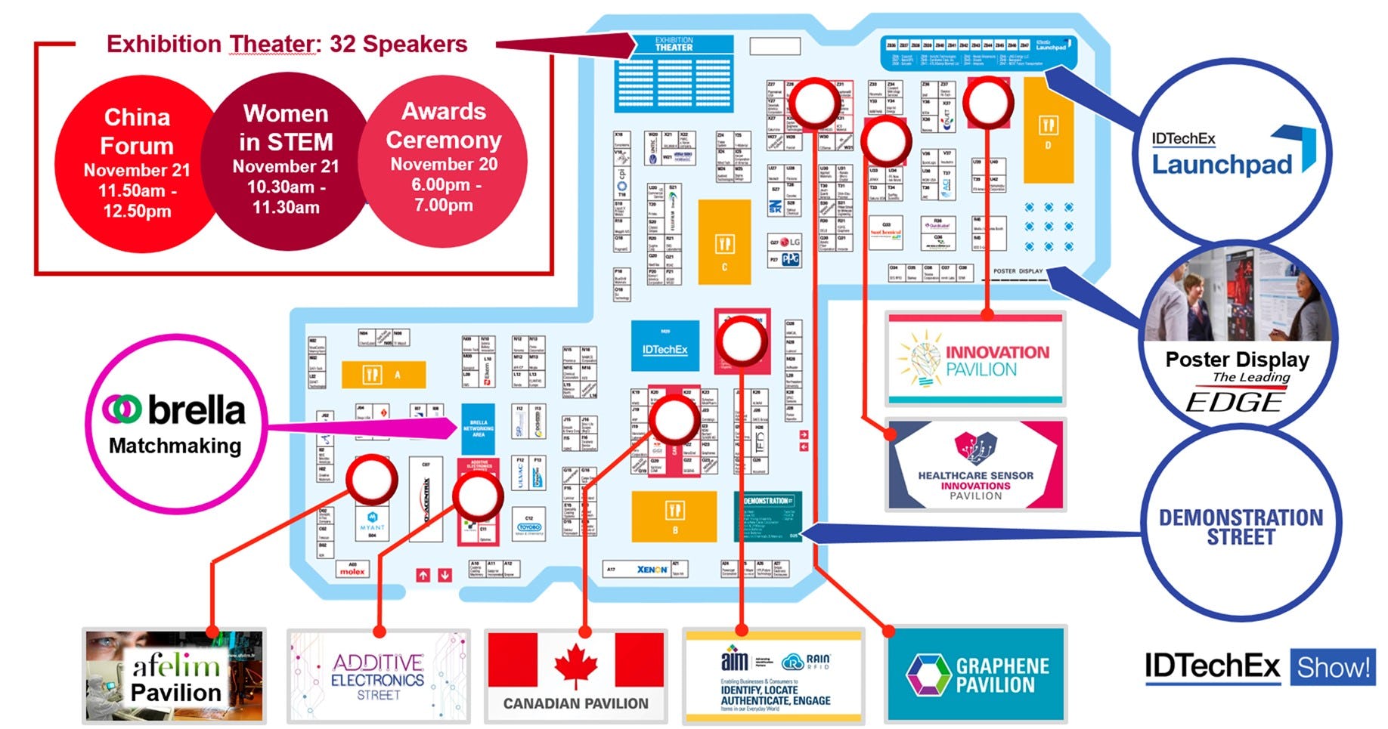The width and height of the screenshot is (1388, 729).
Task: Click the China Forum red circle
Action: pyautogui.click(x=136, y=162)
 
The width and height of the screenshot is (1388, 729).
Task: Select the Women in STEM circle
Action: pyautogui.click(x=286, y=160)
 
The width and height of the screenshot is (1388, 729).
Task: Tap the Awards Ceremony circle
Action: pyautogui.click(x=444, y=159)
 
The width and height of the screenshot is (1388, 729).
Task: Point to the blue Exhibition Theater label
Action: pyautogui.click(x=674, y=45)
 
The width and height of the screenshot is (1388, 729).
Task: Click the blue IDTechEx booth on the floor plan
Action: pyautogui.click(x=665, y=347)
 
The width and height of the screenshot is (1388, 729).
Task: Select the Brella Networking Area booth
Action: pyautogui.click(x=478, y=428)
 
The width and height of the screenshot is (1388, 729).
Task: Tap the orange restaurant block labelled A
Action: pyautogui.click(x=383, y=374)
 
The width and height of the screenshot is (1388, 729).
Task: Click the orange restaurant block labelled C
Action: pyautogui.click(x=724, y=242)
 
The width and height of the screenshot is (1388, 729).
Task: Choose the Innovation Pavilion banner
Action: pyautogui.click(x=975, y=360)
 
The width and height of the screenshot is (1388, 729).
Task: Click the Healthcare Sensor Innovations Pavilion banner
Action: pyautogui.click(x=975, y=465)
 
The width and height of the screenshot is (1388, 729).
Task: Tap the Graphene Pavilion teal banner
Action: pyautogui.click(x=976, y=675)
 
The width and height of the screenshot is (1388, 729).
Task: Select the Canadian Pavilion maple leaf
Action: pyautogui.click(x=576, y=665)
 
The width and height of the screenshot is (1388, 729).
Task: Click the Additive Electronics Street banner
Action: pyautogui.click(x=378, y=676)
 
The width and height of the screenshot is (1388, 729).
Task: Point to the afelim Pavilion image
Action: pyautogui.click(x=175, y=676)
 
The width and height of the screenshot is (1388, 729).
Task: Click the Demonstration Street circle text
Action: pyautogui.click(x=1241, y=527)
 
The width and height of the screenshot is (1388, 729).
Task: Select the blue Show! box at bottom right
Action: pyautogui.click(x=1332, y=667)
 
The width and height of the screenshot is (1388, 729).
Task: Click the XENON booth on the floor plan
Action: pyautogui.click(x=652, y=569)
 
